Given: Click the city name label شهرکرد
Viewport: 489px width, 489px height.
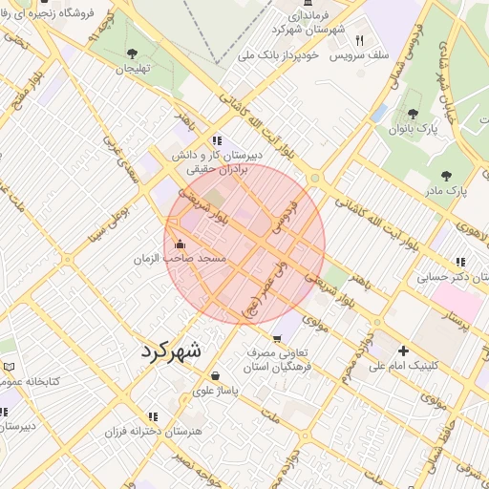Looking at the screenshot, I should [172, 351].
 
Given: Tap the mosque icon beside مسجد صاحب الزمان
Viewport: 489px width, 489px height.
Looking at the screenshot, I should [181, 244].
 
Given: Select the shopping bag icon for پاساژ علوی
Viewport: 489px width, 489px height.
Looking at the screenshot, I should [215, 375].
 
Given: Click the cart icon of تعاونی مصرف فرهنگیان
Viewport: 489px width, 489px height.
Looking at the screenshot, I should [277, 338].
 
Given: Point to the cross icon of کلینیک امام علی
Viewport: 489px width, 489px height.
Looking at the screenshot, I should [403, 351].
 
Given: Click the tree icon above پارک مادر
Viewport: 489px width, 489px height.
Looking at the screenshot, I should [446, 176].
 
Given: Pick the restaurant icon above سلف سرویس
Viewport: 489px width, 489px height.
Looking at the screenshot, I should [360, 40].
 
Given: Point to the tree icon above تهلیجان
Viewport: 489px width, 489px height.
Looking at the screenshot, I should [132, 53].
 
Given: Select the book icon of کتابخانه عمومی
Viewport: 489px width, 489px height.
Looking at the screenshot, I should [9, 367].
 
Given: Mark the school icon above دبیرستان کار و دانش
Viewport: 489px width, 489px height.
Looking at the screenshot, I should [218, 139].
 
